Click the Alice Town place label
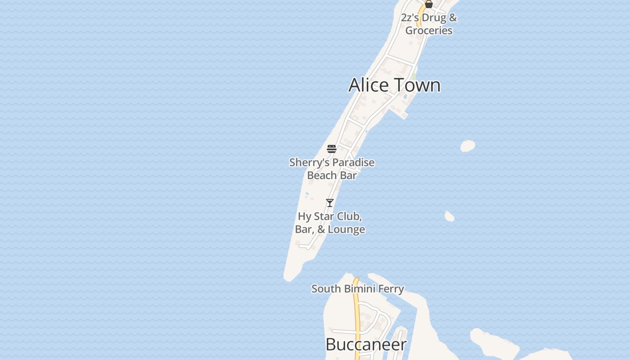394,85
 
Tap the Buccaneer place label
365,345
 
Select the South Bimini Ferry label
358,289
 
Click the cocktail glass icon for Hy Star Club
330,203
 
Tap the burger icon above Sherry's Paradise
332,149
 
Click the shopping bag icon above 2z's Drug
429,4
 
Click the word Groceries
429,31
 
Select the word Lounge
346,229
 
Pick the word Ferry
391,289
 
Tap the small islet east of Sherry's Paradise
468,146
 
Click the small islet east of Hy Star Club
449,216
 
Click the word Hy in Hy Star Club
304,217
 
